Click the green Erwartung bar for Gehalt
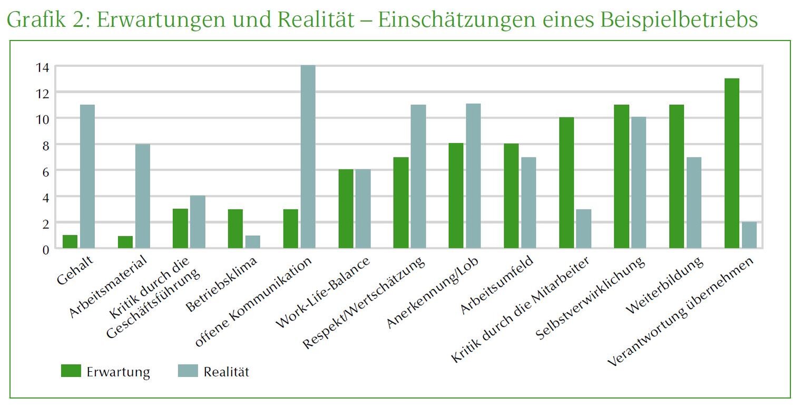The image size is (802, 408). [x=70, y=242]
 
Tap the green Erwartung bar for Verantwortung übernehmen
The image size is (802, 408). [x=731, y=163]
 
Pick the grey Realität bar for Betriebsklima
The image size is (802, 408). [x=252, y=242]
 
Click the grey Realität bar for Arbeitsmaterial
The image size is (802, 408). [x=142, y=196]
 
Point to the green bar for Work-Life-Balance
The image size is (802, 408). [x=346, y=209]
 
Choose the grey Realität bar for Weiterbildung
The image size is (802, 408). [x=693, y=203]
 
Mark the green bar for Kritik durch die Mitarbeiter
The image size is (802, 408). [x=566, y=183]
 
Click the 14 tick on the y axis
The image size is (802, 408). [x=43, y=67]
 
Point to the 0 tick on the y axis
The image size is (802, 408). [x=46, y=249]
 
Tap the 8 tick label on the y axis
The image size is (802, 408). [x=43, y=145]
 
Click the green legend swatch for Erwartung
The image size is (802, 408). [x=71, y=371]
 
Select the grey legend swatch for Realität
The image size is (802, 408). [x=188, y=371]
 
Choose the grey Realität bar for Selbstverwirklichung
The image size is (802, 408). [x=639, y=183]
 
